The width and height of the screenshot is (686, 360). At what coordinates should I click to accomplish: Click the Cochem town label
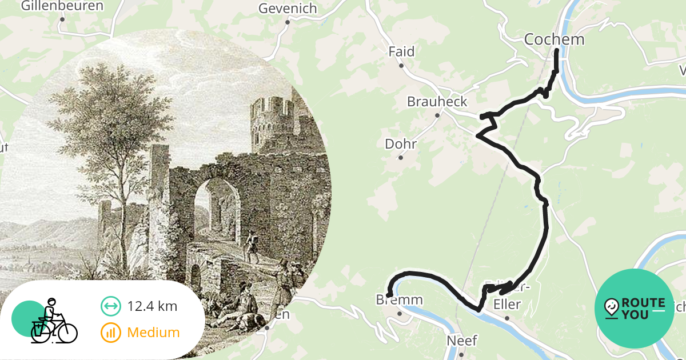[x=554, y=39]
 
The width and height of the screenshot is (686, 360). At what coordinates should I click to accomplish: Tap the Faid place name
[x=401, y=51]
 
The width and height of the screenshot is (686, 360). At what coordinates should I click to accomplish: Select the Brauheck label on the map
[x=437, y=102]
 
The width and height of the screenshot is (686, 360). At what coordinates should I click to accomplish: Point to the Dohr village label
[x=401, y=144]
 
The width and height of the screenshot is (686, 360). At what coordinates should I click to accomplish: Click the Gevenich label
[x=288, y=9]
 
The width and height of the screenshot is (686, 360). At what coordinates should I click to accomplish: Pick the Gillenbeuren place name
[x=62, y=6]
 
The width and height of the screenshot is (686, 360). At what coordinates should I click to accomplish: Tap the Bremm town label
[x=399, y=300]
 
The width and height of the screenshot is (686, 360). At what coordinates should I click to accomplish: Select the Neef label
[x=461, y=341]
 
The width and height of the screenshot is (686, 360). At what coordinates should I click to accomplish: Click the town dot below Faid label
[x=401, y=66]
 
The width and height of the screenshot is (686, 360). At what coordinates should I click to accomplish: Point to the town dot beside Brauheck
[x=437, y=115]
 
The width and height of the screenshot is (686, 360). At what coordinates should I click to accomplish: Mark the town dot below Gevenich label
[x=288, y=23]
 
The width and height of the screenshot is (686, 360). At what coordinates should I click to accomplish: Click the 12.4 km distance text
[x=152, y=306]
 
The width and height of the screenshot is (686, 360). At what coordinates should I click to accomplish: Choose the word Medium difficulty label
[x=153, y=332]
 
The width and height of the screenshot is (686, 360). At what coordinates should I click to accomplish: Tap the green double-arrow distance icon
[x=110, y=306]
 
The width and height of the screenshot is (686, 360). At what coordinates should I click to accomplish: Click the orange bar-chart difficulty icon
[x=110, y=332]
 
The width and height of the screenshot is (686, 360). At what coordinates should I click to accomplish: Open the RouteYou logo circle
[x=635, y=309]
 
